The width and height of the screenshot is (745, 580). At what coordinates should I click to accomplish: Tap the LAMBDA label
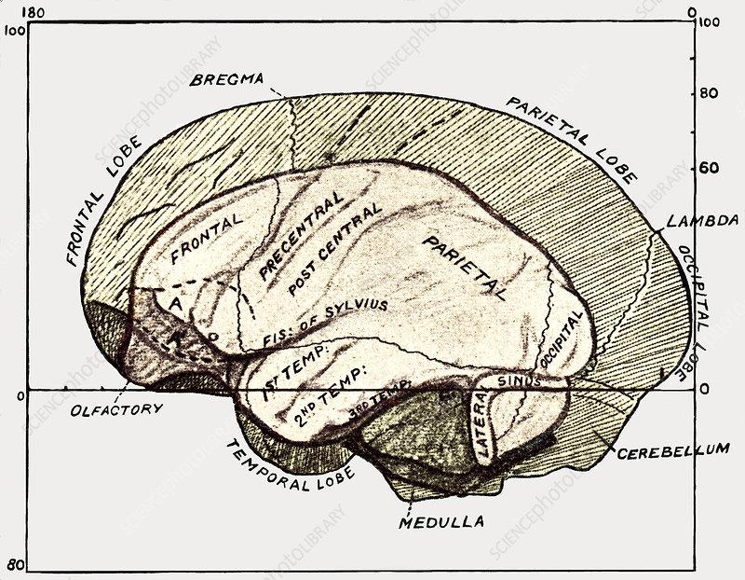tap(702, 223)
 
